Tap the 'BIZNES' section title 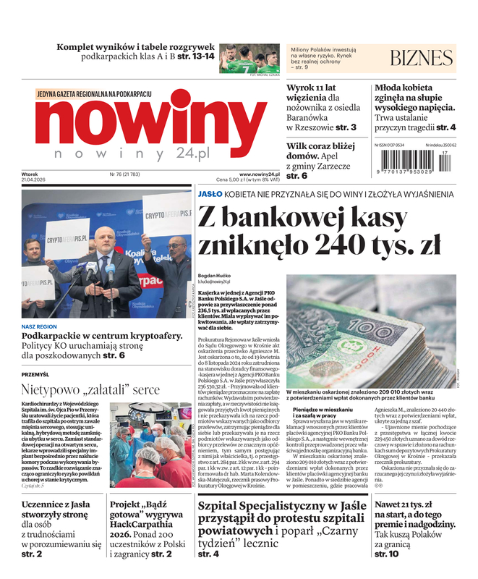[x=421, y=58]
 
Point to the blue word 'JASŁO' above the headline [x=210, y=194]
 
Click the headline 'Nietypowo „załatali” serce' [x=90, y=389]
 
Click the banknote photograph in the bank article [x=371, y=330]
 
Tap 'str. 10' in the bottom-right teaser [x=386, y=554]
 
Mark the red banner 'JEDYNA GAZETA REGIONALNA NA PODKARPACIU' [x=94, y=95]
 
